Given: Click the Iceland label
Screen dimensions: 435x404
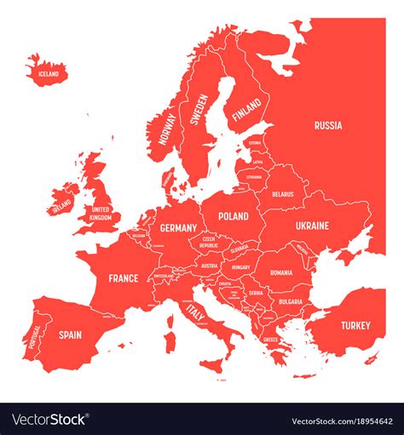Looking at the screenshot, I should [49, 74].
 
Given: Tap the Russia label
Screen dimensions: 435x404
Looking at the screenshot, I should [328, 125].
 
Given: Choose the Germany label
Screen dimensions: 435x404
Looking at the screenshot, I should [178, 228].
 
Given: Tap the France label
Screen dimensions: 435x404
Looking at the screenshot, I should [124, 278].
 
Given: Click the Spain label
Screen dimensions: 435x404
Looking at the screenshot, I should [70, 335].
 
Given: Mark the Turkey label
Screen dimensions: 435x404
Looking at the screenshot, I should [355, 325].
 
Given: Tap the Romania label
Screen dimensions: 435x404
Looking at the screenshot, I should [281, 272].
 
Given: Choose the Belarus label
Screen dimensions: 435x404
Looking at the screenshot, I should [283, 194].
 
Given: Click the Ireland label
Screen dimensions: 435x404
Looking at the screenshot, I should [61, 206].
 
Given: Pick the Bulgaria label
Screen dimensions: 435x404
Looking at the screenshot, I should [290, 301].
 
